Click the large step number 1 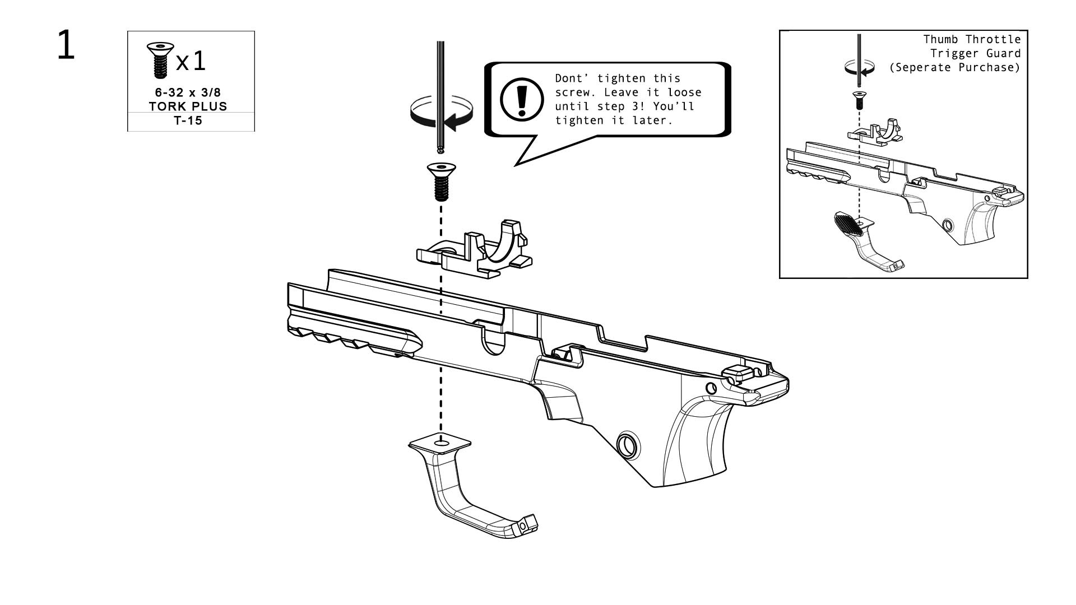(x=66, y=46)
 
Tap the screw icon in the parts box (x=160, y=59)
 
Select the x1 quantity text (x=191, y=61)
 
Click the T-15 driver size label (x=188, y=121)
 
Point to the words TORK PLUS (x=188, y=106)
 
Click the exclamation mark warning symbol (x=522, y=99)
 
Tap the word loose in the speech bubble (x=684, y=92)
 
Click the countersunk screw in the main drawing (x=441, y=180)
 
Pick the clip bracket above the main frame (x=474, y=250)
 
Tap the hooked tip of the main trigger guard (x=527, y=524)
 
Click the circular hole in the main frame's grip (x=628, y=445)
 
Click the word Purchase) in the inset (x=995, y=67)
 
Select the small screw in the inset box (x=859, y=100)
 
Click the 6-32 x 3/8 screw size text (x=188, y=92)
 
